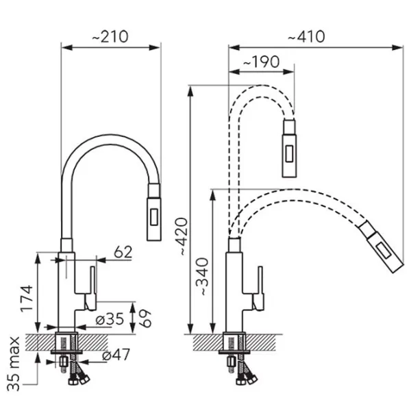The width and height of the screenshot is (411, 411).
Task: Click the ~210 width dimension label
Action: click(x=110, y=37)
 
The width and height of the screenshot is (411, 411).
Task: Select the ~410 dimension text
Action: click(x=306, y=37)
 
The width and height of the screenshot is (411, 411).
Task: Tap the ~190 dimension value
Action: click(x=262, y=62)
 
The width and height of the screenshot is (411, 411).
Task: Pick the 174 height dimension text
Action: click(x=27, y=298)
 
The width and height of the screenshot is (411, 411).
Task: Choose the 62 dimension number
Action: click(x=123, y=252)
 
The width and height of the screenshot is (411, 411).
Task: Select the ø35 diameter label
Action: click(x=110, y=319)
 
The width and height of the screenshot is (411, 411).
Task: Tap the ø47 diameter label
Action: click(x=116, y=355)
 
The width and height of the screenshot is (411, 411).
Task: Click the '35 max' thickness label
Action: click(x=14, y=364)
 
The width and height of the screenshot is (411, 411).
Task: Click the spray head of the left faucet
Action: click(x=154, y=212)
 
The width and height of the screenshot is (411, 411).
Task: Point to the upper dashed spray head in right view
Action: click(x=289, y=148)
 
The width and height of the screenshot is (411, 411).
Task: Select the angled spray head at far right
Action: click(x=382, y=247)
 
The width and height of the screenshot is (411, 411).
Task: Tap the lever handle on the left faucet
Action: click(x=92, y=288)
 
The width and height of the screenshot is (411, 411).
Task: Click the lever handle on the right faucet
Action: click(x=259, y=288)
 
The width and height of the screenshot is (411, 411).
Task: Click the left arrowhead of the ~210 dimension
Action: click(x=66, y=48)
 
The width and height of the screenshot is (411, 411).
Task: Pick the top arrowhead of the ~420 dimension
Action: click(x=191, y=90)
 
